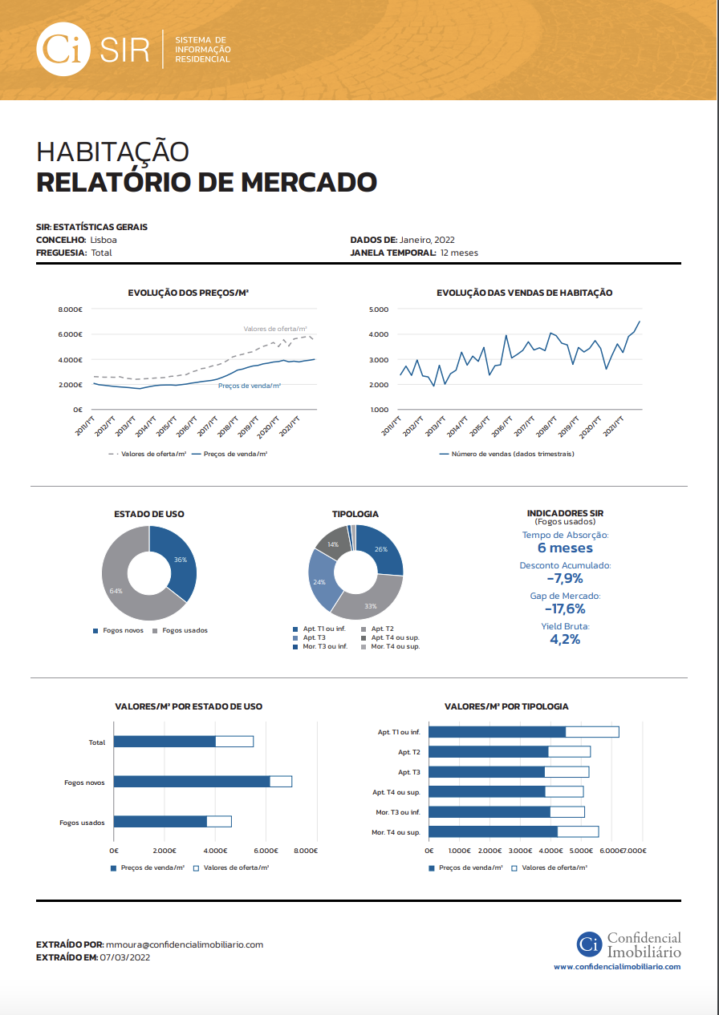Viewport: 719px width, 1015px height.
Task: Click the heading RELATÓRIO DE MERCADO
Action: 206,182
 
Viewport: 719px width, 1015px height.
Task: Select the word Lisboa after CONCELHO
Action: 104,240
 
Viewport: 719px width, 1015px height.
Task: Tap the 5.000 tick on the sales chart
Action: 379,309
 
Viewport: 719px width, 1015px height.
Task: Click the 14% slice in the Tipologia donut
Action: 332,544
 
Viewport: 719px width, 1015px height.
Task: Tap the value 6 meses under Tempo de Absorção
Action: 565,548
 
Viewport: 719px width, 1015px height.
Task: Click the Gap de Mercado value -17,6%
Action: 565,609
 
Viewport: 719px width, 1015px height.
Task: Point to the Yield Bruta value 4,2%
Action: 565,639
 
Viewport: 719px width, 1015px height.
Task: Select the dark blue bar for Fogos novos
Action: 192,782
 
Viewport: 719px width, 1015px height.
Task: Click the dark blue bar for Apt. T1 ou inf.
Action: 498,732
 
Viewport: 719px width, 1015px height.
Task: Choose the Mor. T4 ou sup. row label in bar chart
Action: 396,832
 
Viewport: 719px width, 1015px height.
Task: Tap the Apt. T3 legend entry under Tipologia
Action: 314,637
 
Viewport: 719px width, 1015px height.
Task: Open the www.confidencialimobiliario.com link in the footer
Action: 616,967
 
